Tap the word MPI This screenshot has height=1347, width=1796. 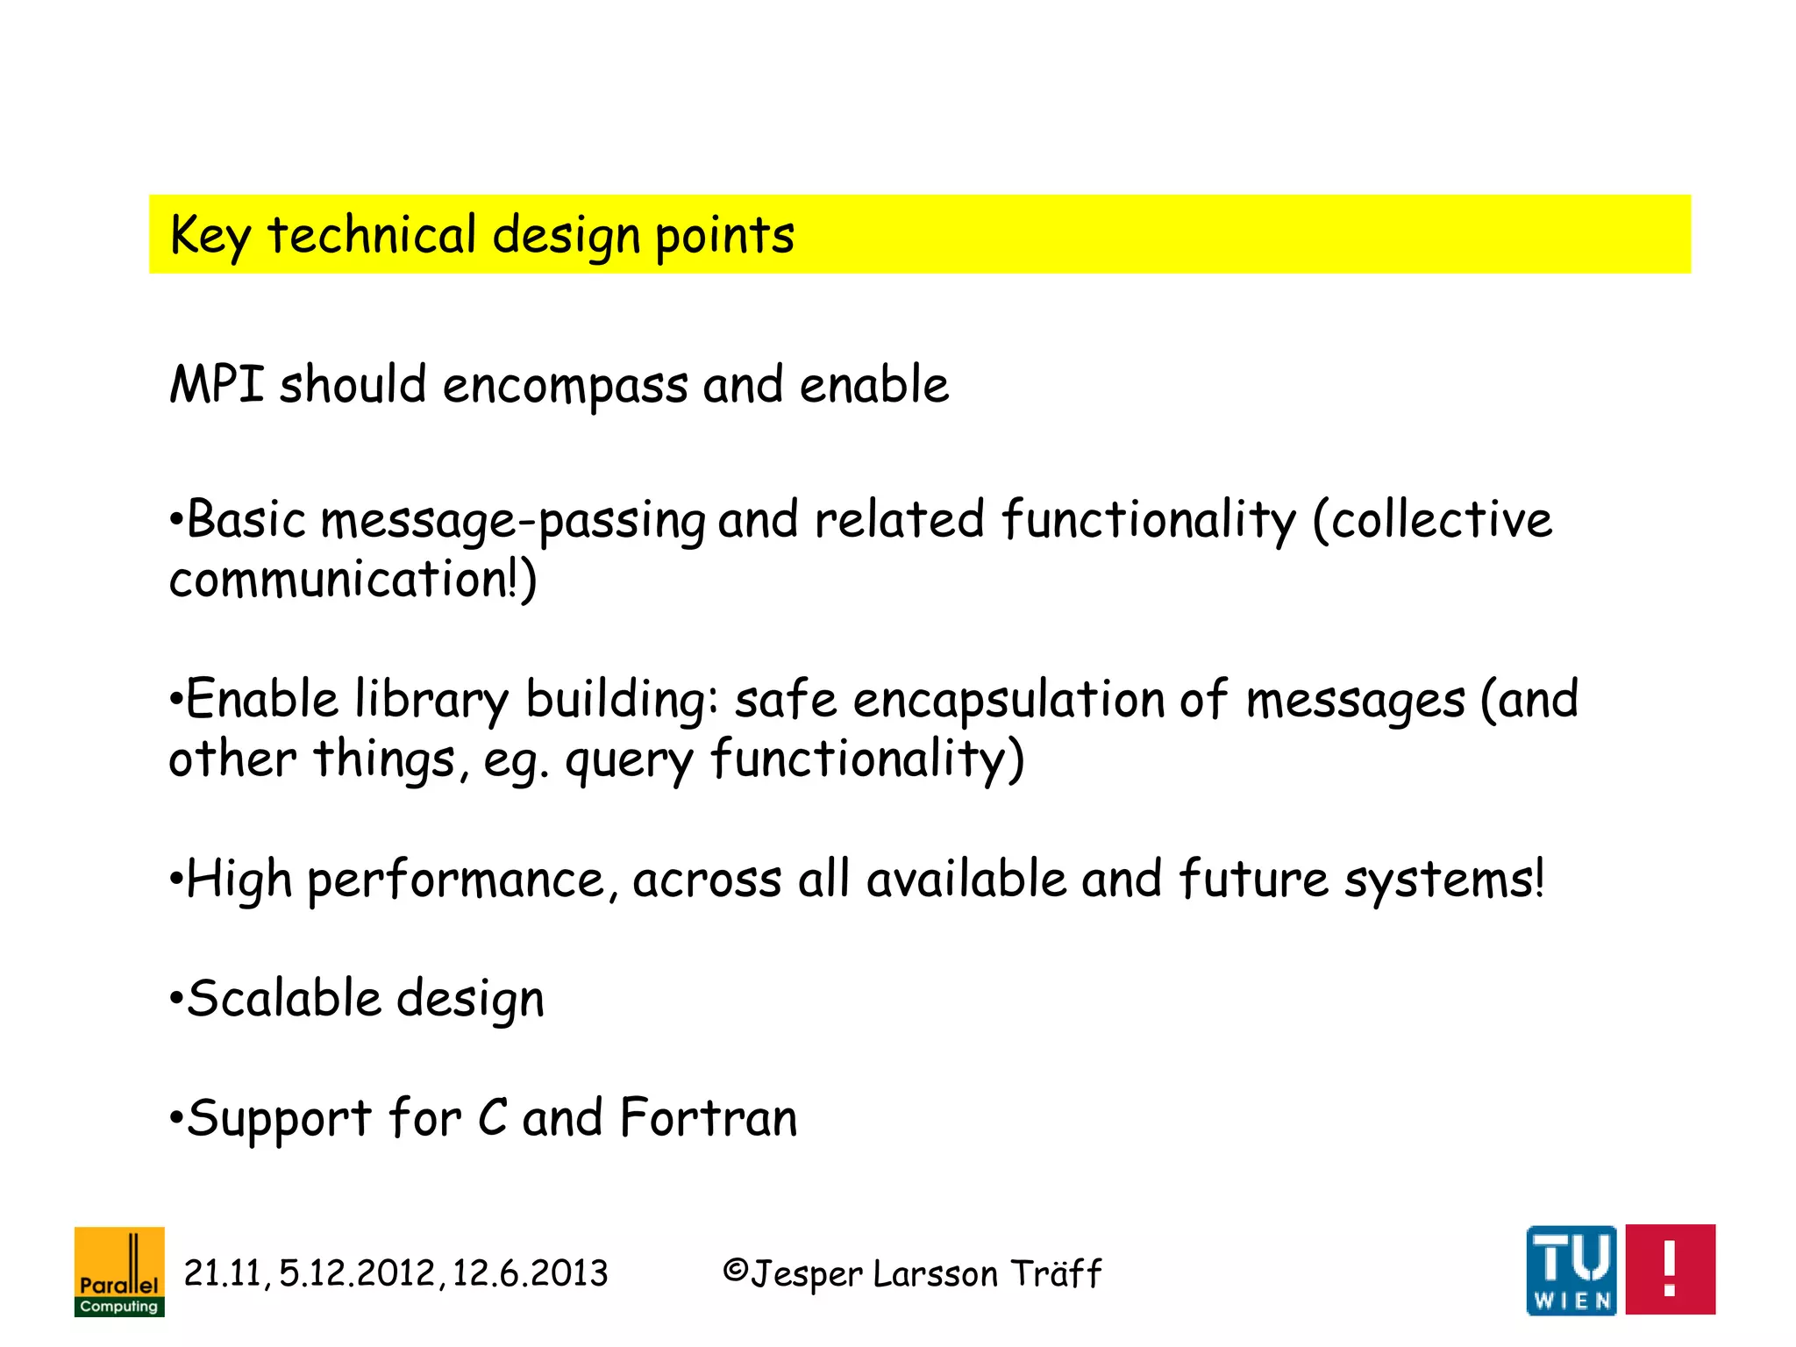point(217,385)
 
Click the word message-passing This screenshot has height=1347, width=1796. point(513,521)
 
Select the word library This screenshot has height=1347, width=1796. point(431,701)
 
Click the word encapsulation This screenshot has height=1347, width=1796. point(1008,701)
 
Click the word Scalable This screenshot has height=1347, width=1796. point(284,1000)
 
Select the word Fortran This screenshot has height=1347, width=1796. point(709,1119)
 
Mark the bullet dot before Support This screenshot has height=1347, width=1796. point(176,1120)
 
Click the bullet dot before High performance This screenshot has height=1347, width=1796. point(176,880)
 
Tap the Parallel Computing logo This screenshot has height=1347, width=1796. point(119,1272)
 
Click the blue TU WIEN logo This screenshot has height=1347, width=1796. point(1571,1271)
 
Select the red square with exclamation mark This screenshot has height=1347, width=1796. point(1670,1270)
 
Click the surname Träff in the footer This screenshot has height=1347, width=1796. point(1056,1273)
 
